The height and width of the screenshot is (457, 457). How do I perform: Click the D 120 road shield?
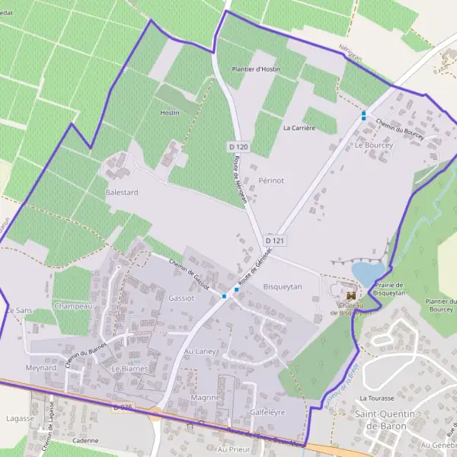click(238, 145)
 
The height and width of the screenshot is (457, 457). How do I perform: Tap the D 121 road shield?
click(275, 241)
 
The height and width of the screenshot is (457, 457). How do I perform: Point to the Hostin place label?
click(170, 113)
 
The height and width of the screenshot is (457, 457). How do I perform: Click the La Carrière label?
click(299, 128)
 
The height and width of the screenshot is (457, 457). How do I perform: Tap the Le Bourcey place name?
click(372, 144)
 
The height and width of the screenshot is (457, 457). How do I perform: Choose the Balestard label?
click(122, 193)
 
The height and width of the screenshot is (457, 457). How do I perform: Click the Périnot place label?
click(270, 181)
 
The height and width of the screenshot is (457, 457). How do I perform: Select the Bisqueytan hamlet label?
click(283, 286)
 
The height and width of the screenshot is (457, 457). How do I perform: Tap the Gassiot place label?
click(182, 299)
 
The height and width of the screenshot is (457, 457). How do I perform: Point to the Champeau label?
click(73, 306)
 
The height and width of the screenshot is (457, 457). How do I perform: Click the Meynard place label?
click(41, 367)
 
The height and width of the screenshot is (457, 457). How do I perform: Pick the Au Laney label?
click(200, 352)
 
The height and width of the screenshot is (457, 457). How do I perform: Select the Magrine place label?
click(206, 398)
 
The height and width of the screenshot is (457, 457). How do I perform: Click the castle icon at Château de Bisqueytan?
click(351, 295)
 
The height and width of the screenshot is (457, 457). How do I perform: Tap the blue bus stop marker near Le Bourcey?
click(364, 115)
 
